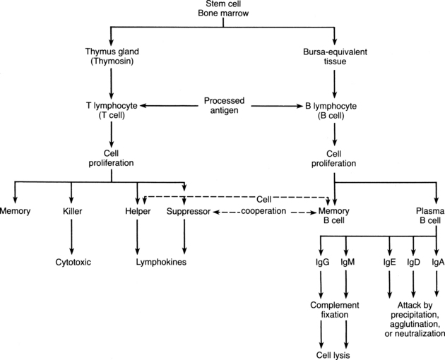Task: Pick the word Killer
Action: [x=71, y=211]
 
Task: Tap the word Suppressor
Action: [x=185, y=211]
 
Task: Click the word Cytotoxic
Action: [x=71, y=262]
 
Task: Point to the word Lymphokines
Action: [x=161, y=262]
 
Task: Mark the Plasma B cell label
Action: [x=428, y=215]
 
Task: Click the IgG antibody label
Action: [x=322, y=262]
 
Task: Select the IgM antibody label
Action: [x=347, y=262]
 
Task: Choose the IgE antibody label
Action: [x=390, y=262]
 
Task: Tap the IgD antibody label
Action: [x=413, y=262]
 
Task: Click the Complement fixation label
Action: [x=334, y=311]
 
